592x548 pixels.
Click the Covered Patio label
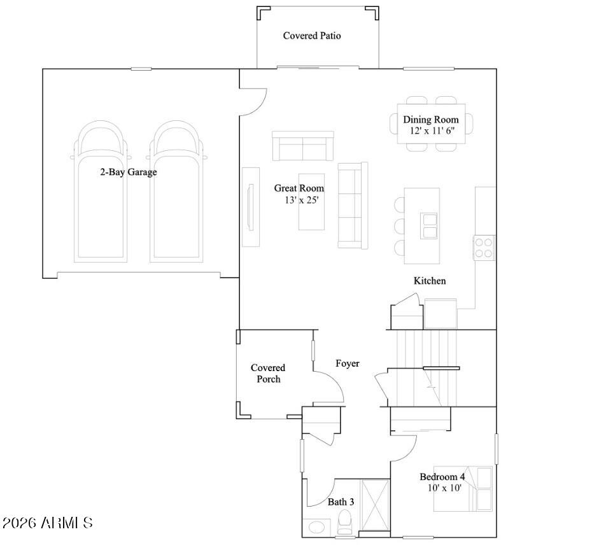click(x=312, y=36)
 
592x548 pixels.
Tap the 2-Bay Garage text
click(x=128, y=172)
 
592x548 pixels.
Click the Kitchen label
click(x=430, y=281)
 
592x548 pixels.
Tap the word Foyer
click(x=348, y=363)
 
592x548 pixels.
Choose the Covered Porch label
click(x=268, y=374)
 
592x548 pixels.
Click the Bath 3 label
click(x=341, y=502)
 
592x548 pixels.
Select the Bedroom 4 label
click(x=442, y=477)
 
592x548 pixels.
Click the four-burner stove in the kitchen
click(x=484, y=247)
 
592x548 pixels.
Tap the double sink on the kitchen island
click(x=430, y=225)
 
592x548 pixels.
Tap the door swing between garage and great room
click(x=253, y=101)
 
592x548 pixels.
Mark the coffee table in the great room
click(x=312, y=201)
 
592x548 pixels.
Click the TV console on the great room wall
click(x=250, y=207)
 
